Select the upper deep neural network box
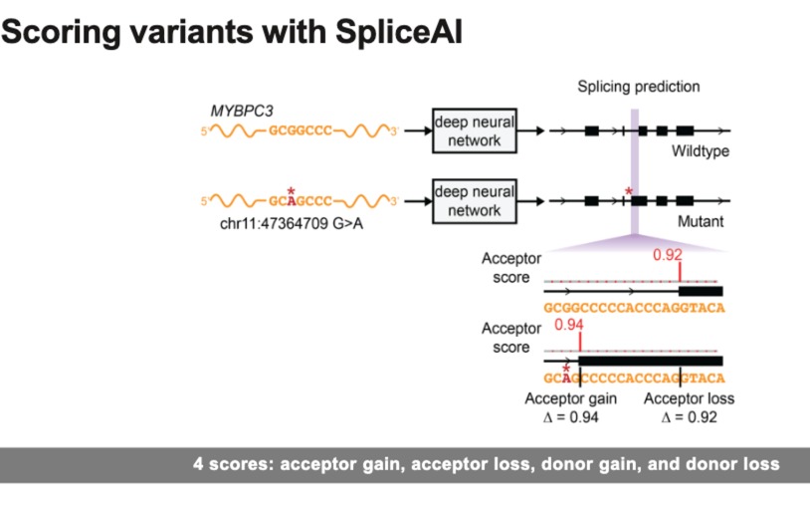pyautogui.click(x=474, y=130)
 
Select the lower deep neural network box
pyautogui.click(x=474, y=200)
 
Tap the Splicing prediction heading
pyautogui.click(x=638, y=87)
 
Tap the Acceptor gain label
pyautogui.click(x=570, y=398)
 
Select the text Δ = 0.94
pyautogui.click(x=570, y=417)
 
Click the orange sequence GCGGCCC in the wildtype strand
pyautogui.click(x=301, y=131)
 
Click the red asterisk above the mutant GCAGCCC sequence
pyautogui.click(x=290, y=190)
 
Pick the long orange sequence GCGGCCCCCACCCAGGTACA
pyautogui.click(x=634, y=308)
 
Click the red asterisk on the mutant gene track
pyautogui.click(x=628, y=189)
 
